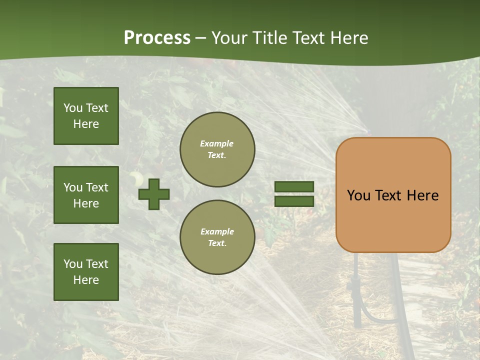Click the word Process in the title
(x=157, y=38)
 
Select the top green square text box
(x=86, y=116)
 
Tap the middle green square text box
(x=86, y=195)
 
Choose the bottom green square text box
(x=86, y=272)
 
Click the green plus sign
(x=154, y=194)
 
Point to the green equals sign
(x=294, y=194)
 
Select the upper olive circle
(x=217, y=149)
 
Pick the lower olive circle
(x=217, y=237)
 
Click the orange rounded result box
(x=393, y=195)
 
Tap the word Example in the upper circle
(x=216, y=144)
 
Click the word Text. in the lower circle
(x=217, y=243)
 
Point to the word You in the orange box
(x=359, y=195)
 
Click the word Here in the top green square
(x=86, y=124)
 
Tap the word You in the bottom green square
(x=73, y=264)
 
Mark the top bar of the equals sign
(x=294, y=187)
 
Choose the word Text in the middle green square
(x=97, y=187)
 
